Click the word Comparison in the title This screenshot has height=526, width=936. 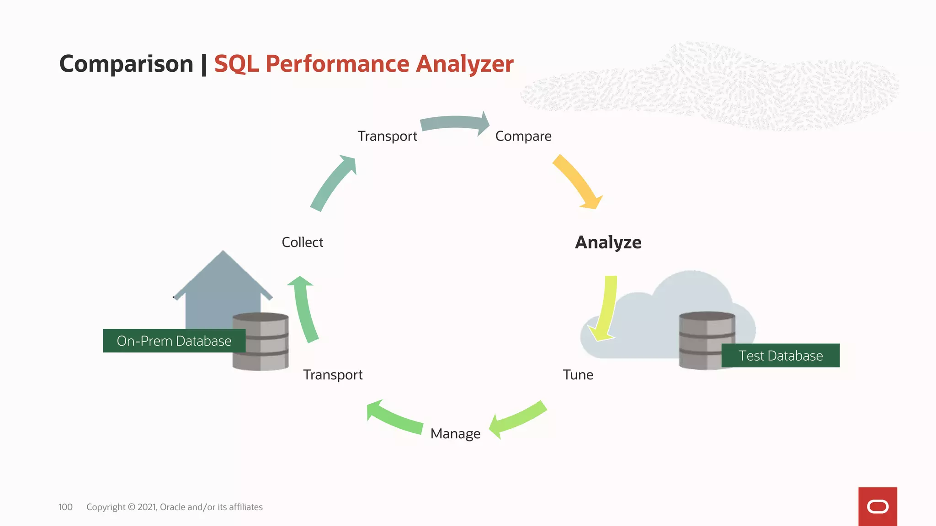click(x=127, y=64)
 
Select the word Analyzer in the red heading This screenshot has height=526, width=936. click(x=464, y=64)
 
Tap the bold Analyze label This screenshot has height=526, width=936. click(x=608, y=242)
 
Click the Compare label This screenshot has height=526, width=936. click(x=523, y=136)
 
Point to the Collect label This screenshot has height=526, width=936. click(x=302, y=242)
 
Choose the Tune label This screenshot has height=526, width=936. click(x=578, y=375)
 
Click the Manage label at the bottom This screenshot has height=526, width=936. click(x=455, y=434)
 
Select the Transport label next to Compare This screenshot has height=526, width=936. click(x=387, y=136)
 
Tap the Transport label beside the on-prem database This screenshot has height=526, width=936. click(x=333, y=375)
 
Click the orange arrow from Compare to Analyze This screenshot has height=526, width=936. click(x=577, y=182)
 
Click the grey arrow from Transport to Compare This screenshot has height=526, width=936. click(x=455, y=122)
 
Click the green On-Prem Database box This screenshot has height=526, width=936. click(x=174, y=341)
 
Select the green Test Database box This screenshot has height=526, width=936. click(x=780, y=356)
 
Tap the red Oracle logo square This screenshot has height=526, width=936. click(x=877, y=506)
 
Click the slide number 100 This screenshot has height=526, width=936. click(x=65, y=507)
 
